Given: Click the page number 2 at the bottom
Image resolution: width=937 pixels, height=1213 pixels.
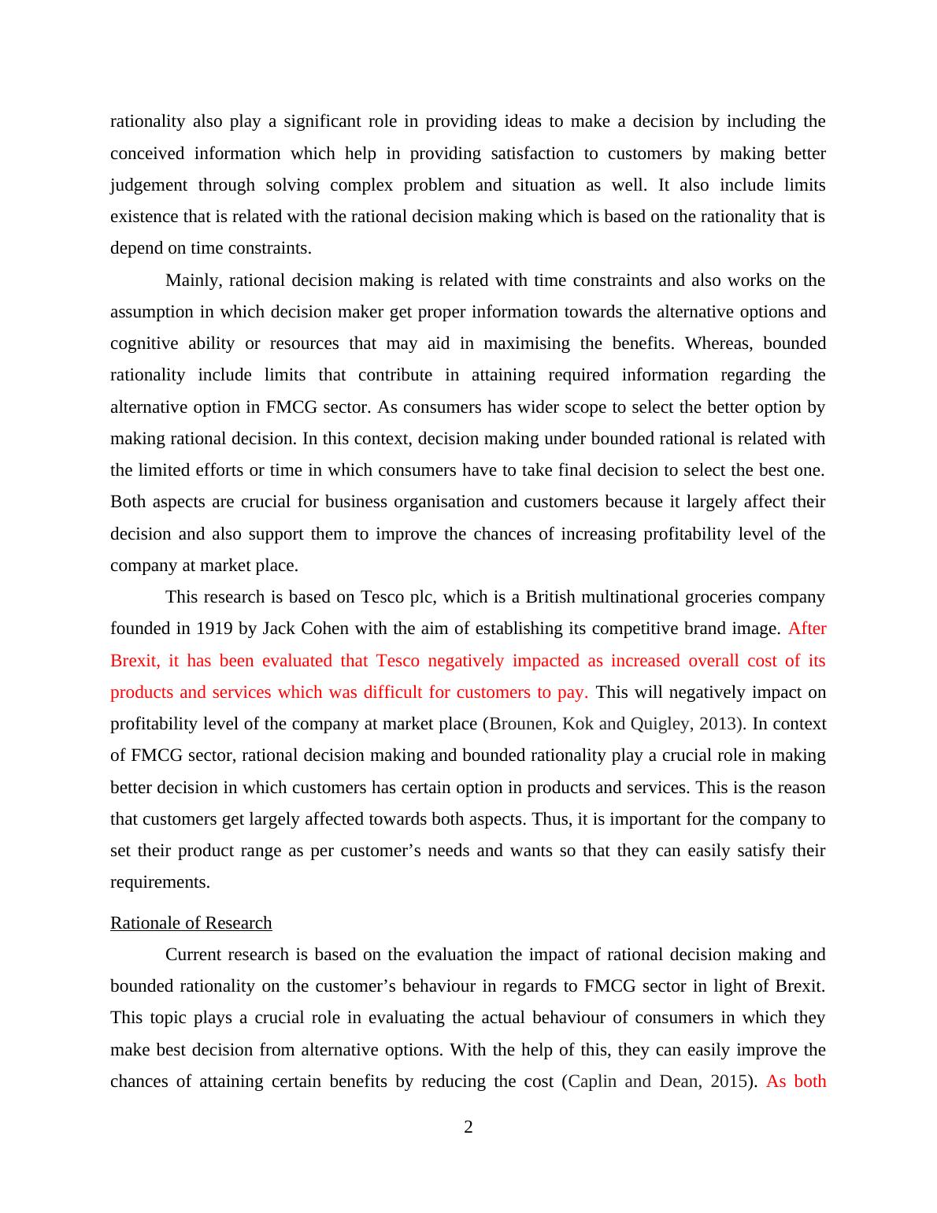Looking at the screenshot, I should pos(468,1127).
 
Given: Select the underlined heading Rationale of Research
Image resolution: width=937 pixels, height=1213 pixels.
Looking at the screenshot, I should pos(191,922).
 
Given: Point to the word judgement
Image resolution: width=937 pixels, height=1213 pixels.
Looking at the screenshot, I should pos(149,185).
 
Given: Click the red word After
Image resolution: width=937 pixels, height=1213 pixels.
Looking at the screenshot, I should pos(807,629).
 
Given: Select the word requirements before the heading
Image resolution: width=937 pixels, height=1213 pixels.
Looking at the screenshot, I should pos(160,882).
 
